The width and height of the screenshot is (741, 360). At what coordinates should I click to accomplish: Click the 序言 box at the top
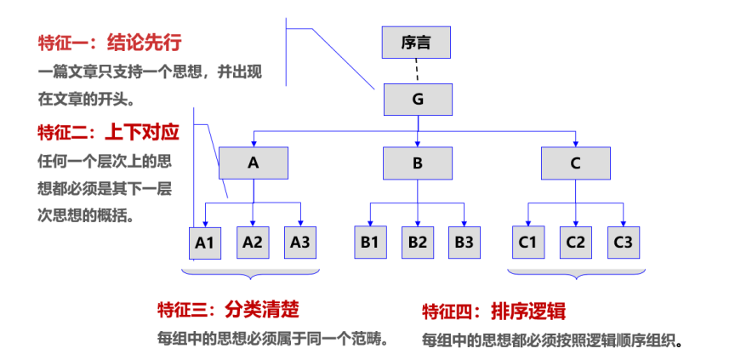(416, 43)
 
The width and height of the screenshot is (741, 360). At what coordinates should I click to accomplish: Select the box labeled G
(418, 100)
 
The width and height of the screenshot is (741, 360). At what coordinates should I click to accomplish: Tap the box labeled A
(254, 163)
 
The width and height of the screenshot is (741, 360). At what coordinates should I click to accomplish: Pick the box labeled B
(417, 163)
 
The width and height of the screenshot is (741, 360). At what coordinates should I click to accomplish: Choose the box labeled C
(576, 163)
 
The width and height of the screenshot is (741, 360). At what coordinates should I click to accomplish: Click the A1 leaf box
(205, 243)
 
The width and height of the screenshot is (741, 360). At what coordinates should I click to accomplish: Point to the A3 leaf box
(300, 243)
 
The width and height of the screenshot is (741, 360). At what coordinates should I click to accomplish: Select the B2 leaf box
(418, 243)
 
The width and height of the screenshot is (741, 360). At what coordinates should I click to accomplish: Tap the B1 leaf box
(371, 243)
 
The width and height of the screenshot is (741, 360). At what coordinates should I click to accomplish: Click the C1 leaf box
(528, 243)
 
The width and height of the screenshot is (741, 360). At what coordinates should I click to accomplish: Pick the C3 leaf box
(624, 243)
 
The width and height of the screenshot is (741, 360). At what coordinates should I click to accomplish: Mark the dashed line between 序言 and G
(416, 71)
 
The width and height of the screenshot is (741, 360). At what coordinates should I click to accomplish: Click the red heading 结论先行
(144, 43)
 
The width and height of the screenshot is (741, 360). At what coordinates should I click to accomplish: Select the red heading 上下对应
(142, 133)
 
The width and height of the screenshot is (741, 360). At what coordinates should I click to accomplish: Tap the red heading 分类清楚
(262, 311)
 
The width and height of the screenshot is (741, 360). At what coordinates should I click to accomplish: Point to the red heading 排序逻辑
(528, 311)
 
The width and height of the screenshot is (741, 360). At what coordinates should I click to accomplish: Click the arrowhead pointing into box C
(576, 144)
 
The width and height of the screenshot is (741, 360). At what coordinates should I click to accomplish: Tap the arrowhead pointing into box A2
(253, 223)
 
